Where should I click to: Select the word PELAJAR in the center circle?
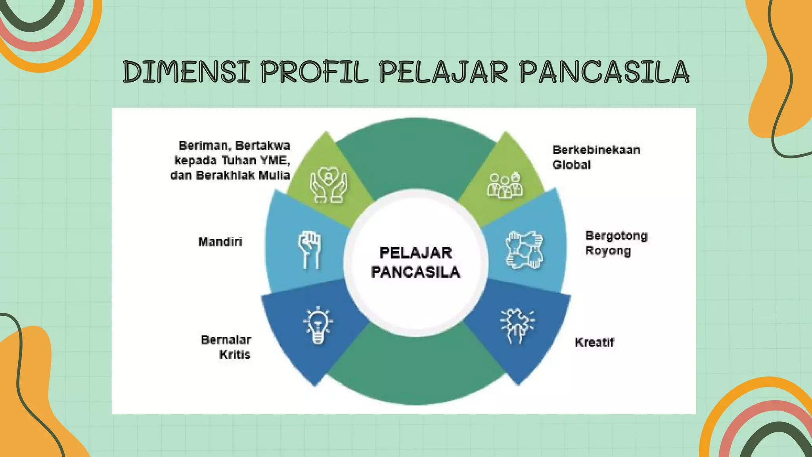coord(416,253)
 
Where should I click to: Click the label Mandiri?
coord(220,242)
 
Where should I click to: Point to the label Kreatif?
coord(594,342)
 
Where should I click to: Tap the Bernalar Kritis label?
coord(226,347)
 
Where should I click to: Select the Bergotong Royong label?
coord(616,243)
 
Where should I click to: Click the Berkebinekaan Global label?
coord(596,157)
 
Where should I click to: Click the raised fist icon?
coord(309,249)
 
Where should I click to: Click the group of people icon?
coord(505,185)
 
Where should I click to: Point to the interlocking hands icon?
coord(524,250)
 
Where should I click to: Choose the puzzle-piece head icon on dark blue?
coord(517,326)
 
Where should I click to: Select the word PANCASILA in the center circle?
coord(416,272)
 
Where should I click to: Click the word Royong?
coord(607,251)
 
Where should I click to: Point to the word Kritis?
coord(235,354)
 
